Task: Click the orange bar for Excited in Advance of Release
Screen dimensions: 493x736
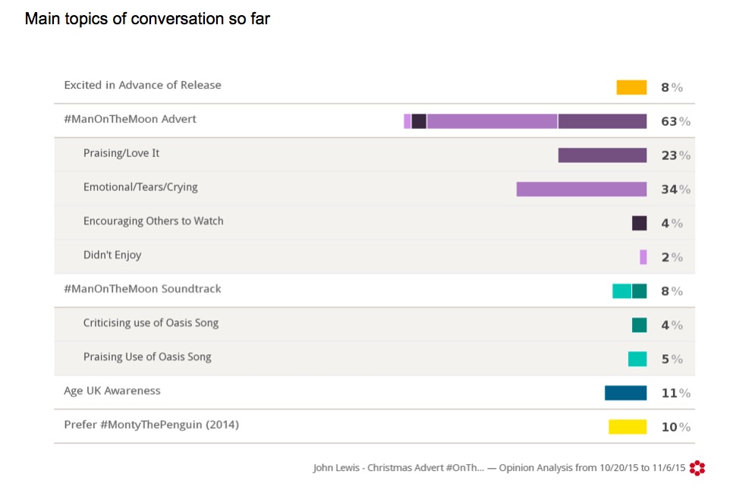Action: (x=631, y=87)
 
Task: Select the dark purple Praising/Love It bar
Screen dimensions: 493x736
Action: (x=602, y=155)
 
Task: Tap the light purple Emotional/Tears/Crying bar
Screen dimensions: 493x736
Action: (x=581, y=189)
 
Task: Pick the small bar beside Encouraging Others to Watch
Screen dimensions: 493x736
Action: (x=639, y=223)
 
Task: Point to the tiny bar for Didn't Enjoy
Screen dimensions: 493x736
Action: (x=643, y=257)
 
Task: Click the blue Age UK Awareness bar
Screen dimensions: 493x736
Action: (x=625, y=393)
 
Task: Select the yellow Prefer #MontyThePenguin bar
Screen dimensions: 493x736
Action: (x=627, y=427)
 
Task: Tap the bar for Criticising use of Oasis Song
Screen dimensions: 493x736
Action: (x=639, y=325)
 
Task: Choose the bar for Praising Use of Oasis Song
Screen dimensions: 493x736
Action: (x=637, y=359)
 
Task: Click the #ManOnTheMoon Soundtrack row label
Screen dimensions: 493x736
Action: (x=143, y=289)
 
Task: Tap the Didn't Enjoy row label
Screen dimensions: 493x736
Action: (x=112, y=255)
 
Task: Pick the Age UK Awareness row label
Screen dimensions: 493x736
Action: (x=112, y=391)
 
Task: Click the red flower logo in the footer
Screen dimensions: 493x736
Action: (x=697, y=468)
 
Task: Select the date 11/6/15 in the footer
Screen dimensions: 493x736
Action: (x=666, y=468)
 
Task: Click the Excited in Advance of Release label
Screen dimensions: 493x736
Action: (x=143, y=85)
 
